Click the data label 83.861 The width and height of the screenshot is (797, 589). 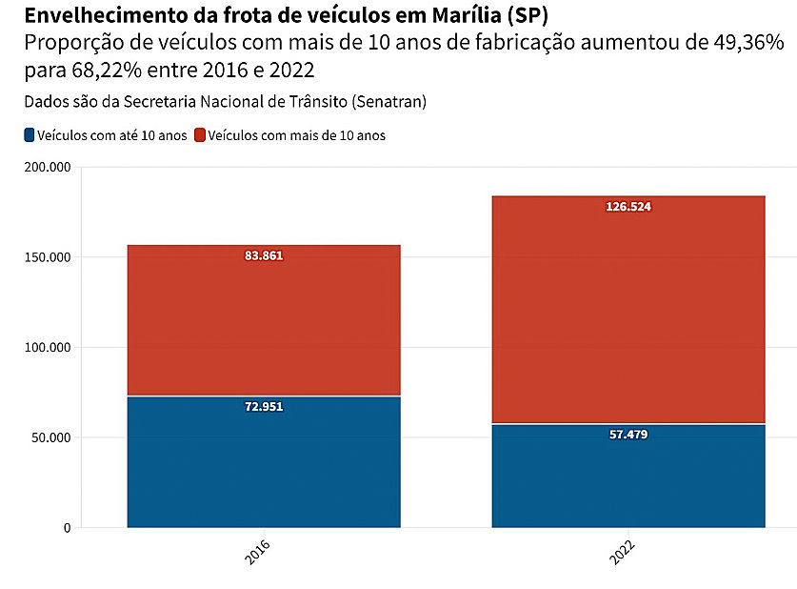coord(264,255)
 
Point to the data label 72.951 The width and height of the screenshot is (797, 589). coord(264,407)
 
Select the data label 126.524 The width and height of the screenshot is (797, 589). coord(628,207)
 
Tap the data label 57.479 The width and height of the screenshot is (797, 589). coord(628,435)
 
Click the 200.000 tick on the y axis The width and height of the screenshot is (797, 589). coord(46,167)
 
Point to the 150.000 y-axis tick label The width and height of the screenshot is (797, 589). coord(46,257)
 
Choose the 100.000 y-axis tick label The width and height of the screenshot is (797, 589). coord(46,348)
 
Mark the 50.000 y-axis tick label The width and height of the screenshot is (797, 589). coord(50,438)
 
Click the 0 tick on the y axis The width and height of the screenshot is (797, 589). coord(67,528)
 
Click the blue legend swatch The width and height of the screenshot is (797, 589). coord(30,135)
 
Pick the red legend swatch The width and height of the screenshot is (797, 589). coord(199,135)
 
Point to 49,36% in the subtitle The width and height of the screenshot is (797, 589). coord(739,43)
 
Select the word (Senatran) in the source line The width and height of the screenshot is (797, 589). coord(389,101)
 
